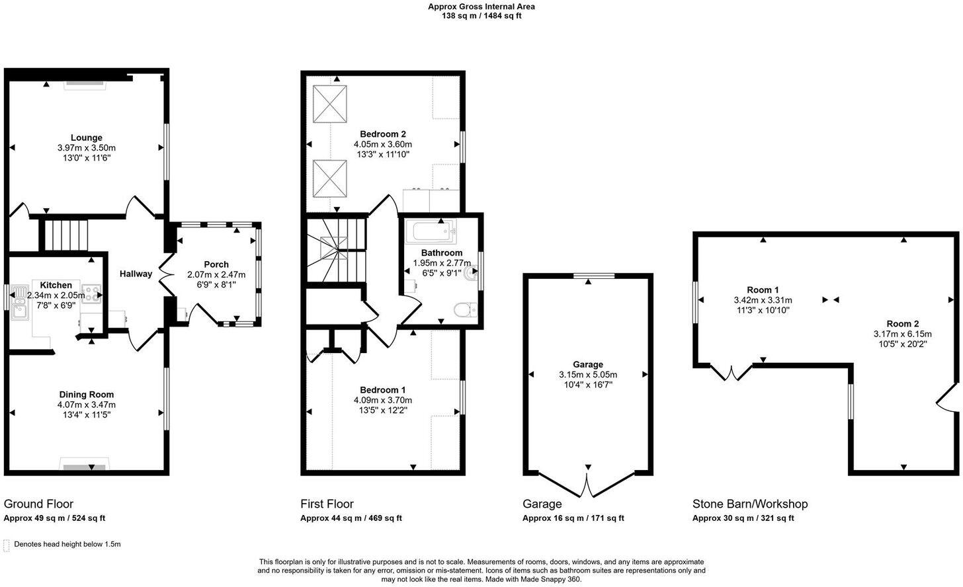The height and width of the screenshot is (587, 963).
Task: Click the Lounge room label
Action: pos(86,137)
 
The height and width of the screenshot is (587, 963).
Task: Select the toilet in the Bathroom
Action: pos(464,309)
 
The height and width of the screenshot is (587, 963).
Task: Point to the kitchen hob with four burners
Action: pos(91,293)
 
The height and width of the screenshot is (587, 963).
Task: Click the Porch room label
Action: pos(216,264)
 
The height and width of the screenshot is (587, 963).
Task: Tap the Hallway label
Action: pos(136,274)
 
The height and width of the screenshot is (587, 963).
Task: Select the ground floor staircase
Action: pos(66,235)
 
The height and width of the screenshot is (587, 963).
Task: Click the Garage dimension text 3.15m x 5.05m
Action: pos(587,375)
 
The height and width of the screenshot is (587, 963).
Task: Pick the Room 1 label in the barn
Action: pos(763,290)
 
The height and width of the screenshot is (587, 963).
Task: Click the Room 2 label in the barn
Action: pos(903,324)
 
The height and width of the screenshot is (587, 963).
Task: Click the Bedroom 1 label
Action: pos(383,390)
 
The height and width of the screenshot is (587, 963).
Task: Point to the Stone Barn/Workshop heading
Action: pos(749,504)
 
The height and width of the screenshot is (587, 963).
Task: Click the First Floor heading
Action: pos(327,504)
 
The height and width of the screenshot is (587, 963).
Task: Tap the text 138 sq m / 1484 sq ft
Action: pos(481,16)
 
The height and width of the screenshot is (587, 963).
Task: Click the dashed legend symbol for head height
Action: pos(7,545)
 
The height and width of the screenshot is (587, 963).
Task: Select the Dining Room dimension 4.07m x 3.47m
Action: pos(86,405)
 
